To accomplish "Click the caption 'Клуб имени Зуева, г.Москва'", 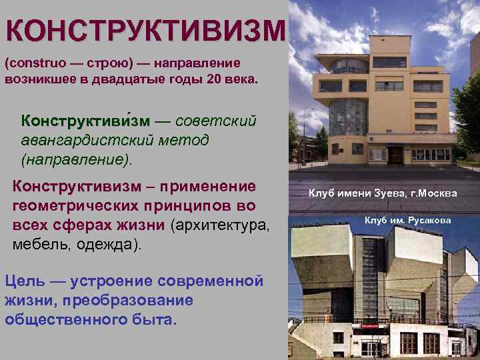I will [383, 193].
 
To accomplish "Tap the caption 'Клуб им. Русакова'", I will [407, 220].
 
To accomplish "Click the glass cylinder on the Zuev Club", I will [349, 116].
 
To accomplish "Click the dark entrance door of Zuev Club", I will [397, 155].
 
